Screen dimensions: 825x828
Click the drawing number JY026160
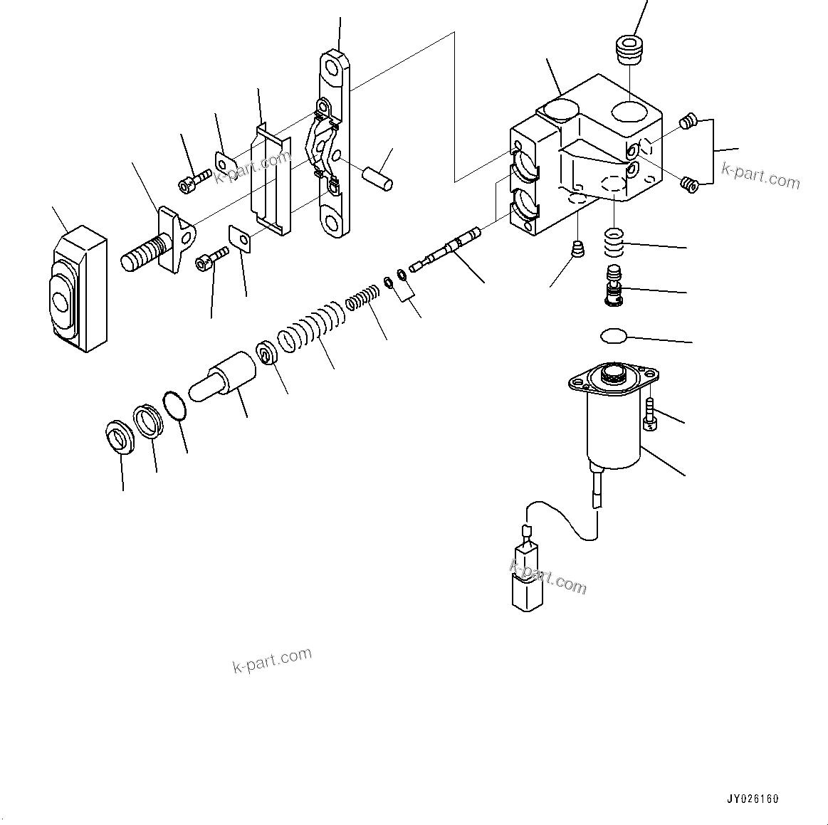click(753, 799)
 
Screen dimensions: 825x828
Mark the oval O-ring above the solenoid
click(612, 335)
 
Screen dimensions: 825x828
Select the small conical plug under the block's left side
click(578, 251)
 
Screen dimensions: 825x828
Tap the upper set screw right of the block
click(687, 122)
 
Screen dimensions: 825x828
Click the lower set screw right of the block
click(688, 184)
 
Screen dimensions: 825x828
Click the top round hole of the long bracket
click(332, 68)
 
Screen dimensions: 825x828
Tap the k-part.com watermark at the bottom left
click(272, 661)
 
